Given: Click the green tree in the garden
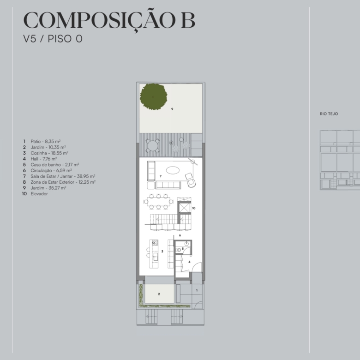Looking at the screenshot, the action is pyautogui.click(x=153, y=96).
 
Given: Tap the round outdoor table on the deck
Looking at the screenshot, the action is pyautogui.click(x=153, y=145).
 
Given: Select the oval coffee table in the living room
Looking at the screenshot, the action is pyautogui.click(x=173, y=170).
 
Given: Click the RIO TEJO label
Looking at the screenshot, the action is pyautogui.click(x=329, y=114).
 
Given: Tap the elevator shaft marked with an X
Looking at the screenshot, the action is pyautogui.click(x=184, y=208).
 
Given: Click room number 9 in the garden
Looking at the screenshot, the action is pyautogui.click(x=172, y=109).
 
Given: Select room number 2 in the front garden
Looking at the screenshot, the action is pyautogui.click(x=159, y=294).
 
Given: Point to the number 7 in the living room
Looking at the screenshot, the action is pyautogui.click(x=161, y=176).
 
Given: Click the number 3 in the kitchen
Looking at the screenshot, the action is pyautogui.click(x=162, y=252).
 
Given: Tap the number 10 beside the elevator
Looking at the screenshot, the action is pyautogui.click(x=193, y=208).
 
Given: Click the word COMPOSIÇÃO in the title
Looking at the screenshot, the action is pyautogui.click(x=100, y=20).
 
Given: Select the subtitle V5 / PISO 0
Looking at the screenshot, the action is pyautogui.click(x=53, y=39).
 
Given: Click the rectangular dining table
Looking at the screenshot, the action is pyautogui.click(x=158, y=202).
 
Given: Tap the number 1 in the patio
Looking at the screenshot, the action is pyautogui.click(x=197, y=290).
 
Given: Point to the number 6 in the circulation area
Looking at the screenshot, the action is pyautogui.click(x=180, y=235).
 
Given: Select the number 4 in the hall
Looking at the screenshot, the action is pyautogui.click(x=189, y=262).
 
